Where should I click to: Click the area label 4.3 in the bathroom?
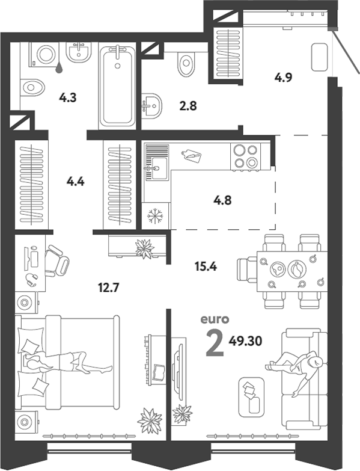click(68, 97)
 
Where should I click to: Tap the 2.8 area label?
click(188, 106)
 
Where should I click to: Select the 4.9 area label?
click(283, 78)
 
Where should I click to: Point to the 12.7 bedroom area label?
click(109, 288)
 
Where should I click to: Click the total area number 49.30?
click(245, 340)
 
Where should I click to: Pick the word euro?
click(215, 319)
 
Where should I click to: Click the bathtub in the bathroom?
click(117, 86)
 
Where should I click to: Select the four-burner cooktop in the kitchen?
click(245, 156)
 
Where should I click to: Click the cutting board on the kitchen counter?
click(191, 155)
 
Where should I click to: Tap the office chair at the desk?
click(56, 260)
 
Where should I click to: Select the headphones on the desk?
click(31, 280)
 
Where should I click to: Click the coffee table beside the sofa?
click(251, 396)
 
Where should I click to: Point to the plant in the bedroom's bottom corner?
click(150, 420)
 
